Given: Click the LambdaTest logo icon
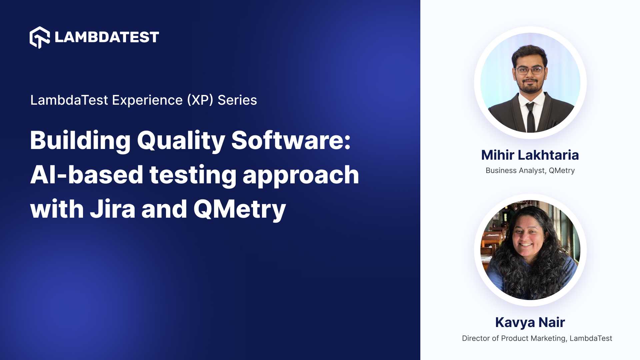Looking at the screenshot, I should (40, 37).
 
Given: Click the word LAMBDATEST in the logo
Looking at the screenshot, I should (107, 37).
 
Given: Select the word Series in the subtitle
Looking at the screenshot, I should (237, 100).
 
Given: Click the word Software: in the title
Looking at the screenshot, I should (291, 141).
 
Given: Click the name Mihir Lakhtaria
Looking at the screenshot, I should (530, 155).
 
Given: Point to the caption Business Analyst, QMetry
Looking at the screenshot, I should (530, 171).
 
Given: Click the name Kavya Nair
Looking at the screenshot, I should (530, 322).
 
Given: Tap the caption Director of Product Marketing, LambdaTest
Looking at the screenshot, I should (537, 338).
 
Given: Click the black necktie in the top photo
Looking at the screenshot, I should (530, 117).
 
